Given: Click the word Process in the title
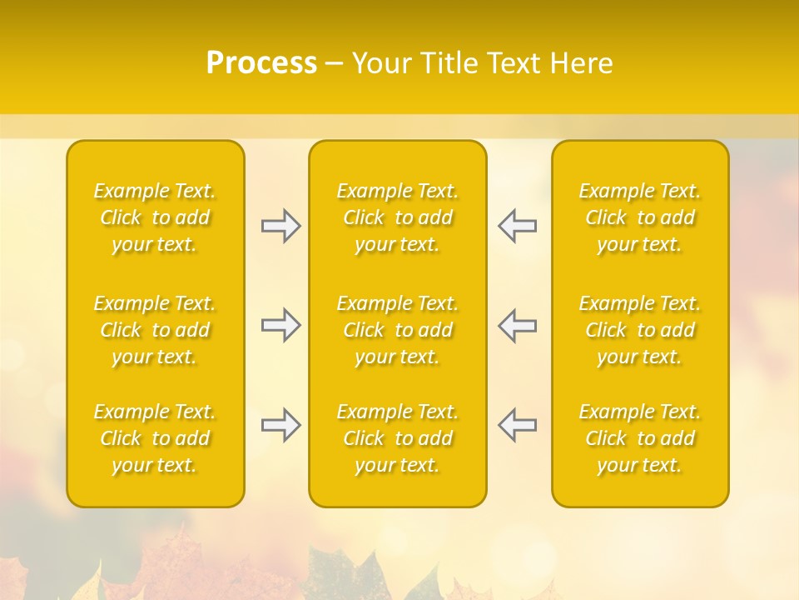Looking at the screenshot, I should [x=261, y=63].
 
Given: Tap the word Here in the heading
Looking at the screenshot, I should [x=581, y=63].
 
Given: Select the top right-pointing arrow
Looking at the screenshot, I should [x=281, y=226].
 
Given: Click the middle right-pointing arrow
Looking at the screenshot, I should [x=281, y=325].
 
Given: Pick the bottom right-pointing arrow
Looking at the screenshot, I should [x=281, y=425].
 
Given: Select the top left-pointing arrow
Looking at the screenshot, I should [x=517, y=226].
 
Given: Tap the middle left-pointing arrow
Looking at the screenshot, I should [x=517, y=325].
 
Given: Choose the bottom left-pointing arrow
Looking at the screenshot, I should [x=517, y=425].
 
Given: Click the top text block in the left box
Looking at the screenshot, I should [x=155, y=217].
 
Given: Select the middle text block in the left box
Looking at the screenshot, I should [x=155, y=330].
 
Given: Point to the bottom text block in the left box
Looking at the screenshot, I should [x=155, y=438].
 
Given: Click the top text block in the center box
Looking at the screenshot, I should [x=397, y=217].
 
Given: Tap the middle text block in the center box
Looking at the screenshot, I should [x=397, y=330].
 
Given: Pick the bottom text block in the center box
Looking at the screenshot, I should [x=397, y=438].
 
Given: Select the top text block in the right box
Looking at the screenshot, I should [x=640, y=217].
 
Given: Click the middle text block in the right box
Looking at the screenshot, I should [x=640, y=330].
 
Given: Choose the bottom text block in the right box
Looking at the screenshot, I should [x=640, y=438].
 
